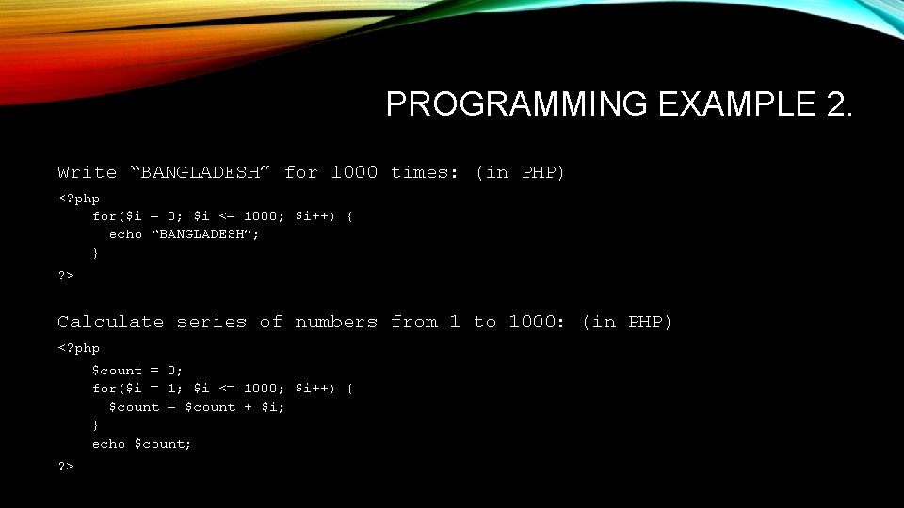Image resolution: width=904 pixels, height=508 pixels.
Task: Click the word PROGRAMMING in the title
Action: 516,104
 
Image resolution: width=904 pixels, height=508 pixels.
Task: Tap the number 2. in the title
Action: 837,104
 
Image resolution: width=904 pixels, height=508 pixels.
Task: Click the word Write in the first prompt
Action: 88,172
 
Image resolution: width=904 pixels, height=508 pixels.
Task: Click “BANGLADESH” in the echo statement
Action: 205,234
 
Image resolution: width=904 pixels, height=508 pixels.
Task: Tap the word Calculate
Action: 111,322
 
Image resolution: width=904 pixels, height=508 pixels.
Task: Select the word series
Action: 212,322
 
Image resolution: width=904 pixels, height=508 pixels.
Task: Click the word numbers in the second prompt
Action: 336,322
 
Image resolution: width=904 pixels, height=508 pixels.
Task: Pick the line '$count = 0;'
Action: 137,371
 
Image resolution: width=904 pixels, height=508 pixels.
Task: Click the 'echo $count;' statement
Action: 141,443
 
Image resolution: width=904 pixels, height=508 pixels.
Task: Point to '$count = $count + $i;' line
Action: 197,407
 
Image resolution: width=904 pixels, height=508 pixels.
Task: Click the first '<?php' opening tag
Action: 78,198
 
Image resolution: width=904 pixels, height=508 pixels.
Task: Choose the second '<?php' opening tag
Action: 78,348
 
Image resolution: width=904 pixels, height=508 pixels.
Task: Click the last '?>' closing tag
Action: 66,466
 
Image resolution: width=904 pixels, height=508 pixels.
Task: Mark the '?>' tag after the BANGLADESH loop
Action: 66,275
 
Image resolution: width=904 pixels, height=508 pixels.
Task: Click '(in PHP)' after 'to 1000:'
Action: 627,322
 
